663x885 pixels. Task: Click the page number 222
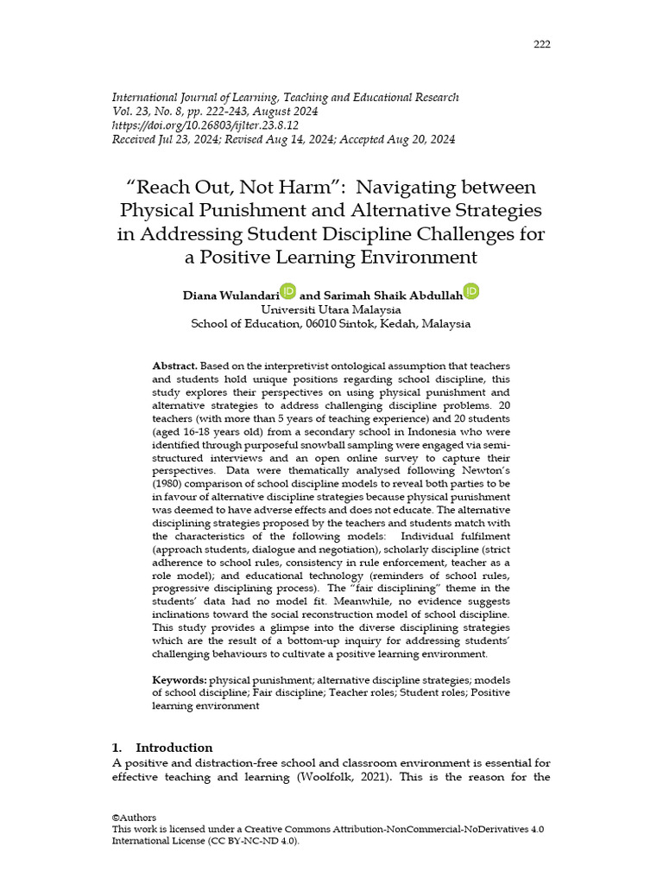pyautogui.click(x=541, y=45)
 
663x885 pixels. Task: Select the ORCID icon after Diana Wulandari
pyautogui.click(x=287, y=292)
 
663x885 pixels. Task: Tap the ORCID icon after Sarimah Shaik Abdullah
pyautogui.click(x=471, y=292)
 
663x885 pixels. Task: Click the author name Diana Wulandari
pyautogui.click(x=230, y=296)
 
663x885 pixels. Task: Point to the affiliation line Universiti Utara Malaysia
pyautogui.click(x=331, y=309)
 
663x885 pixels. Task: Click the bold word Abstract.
pyautogui.click(x=174, y=366)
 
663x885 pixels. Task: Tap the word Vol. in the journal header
pyautogui.click(x=123, y=111)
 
